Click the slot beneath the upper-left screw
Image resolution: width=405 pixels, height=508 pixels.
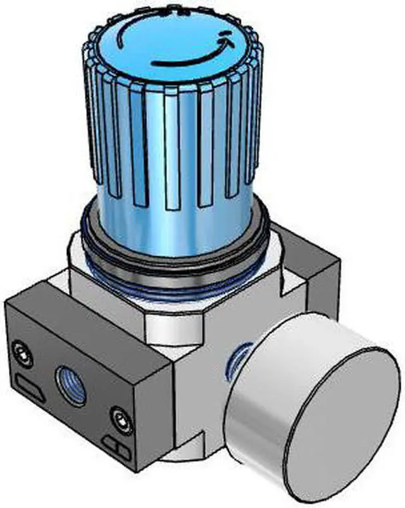[27, 384]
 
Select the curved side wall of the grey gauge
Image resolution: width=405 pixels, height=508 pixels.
[253, 412]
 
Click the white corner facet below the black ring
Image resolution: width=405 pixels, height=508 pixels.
[171, 329]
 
